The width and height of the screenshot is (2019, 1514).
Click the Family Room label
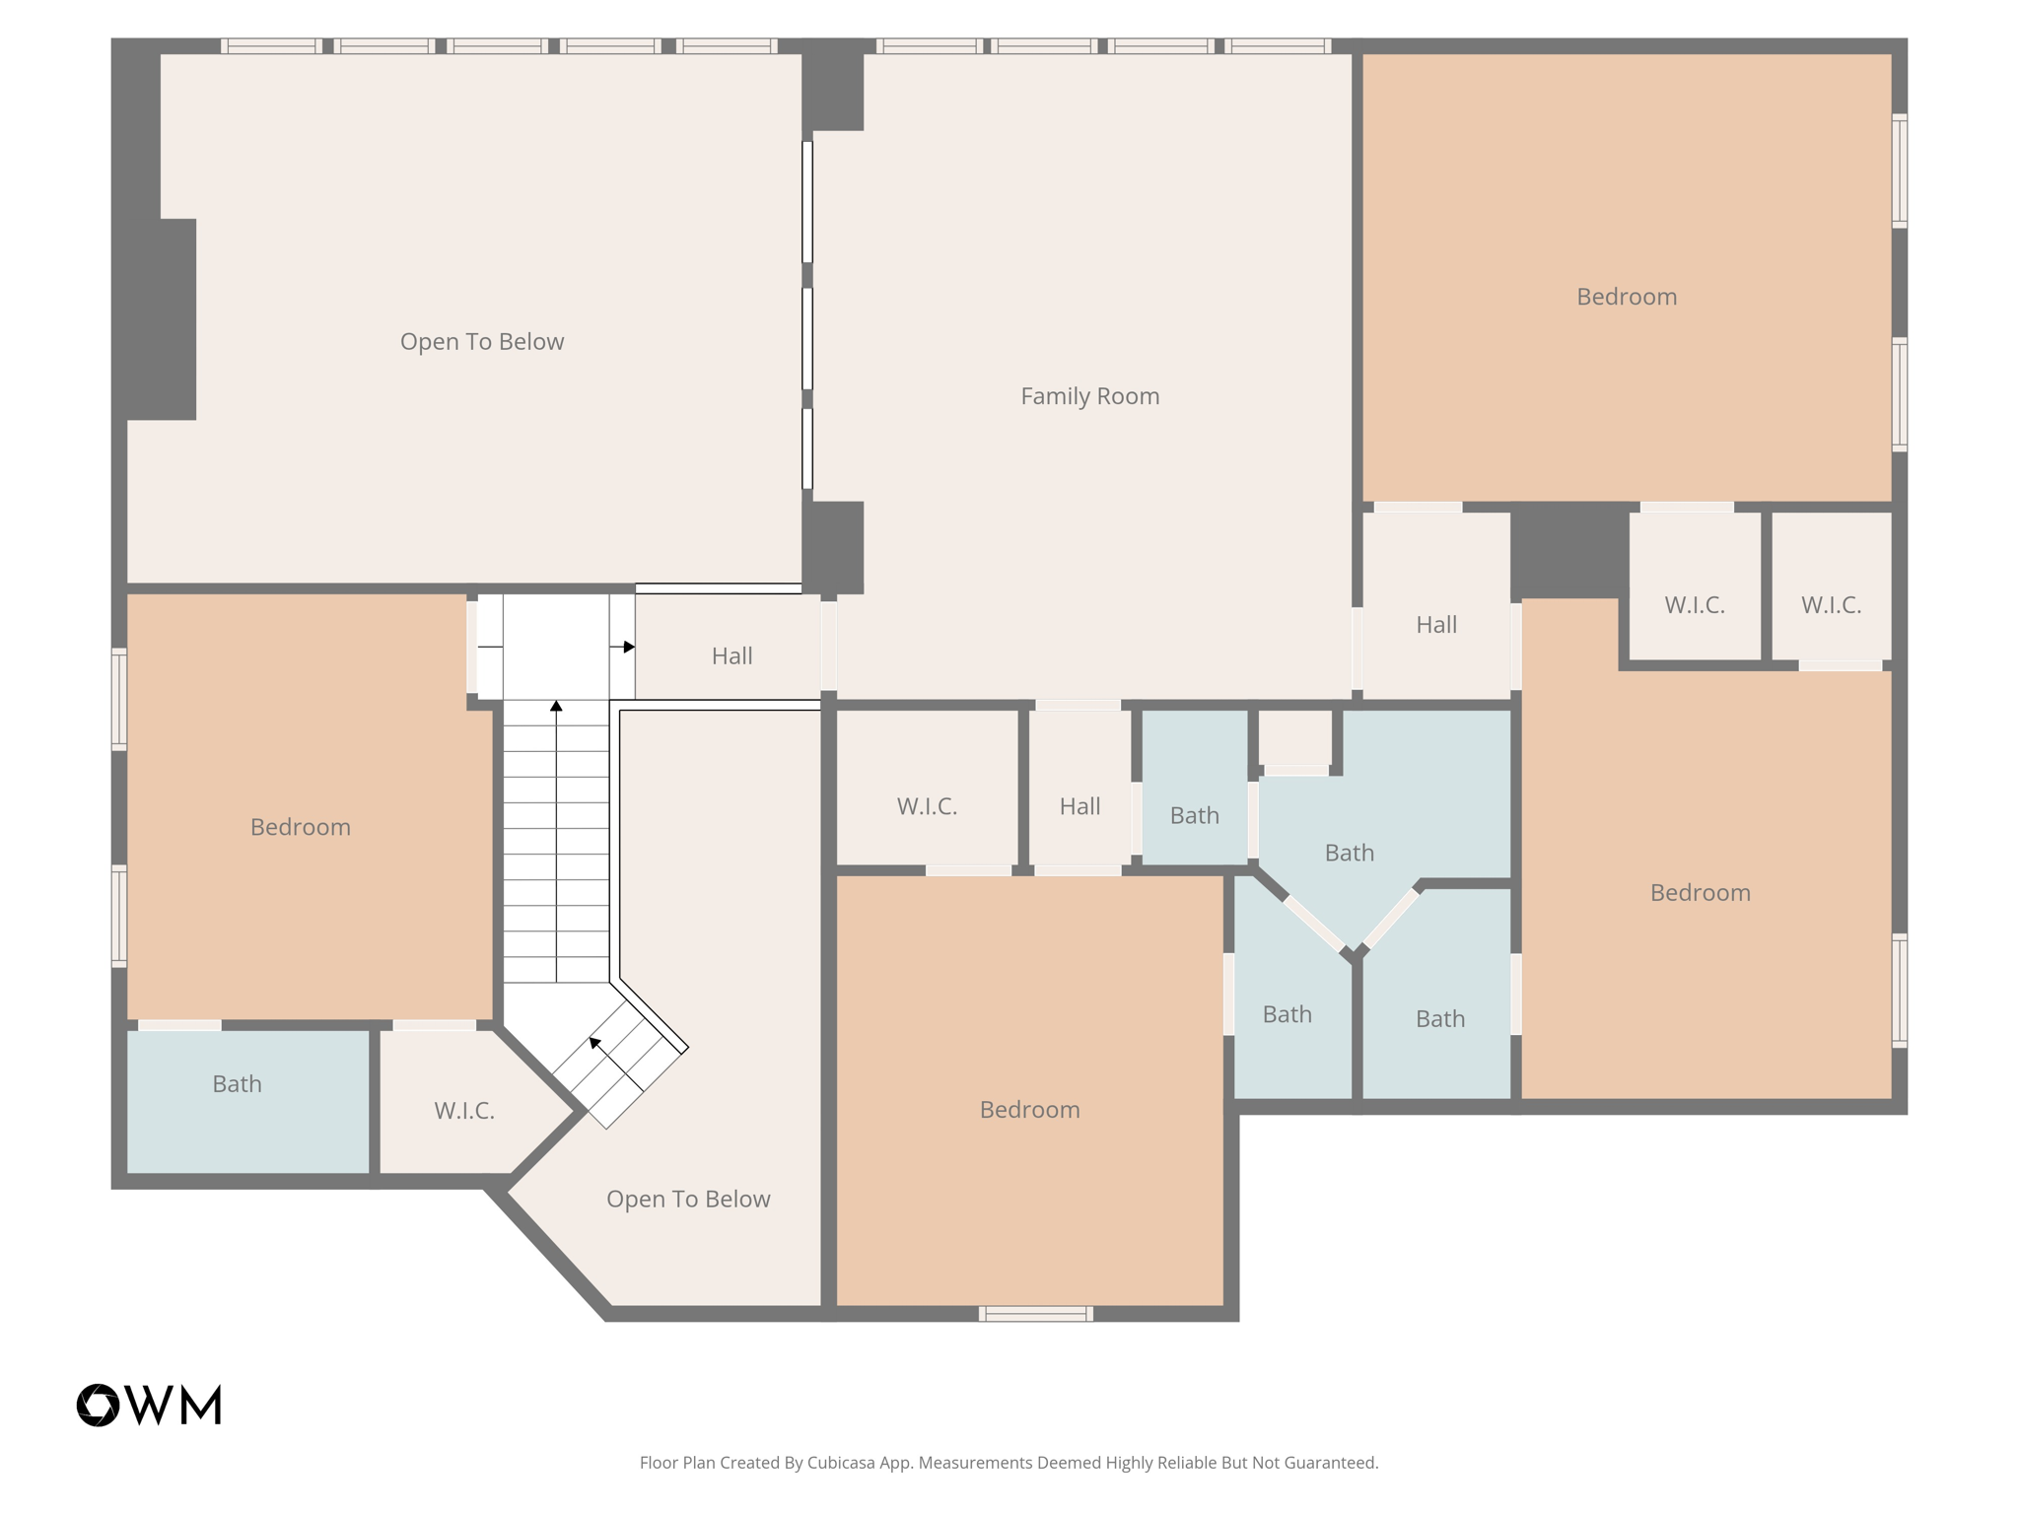(1089, 396)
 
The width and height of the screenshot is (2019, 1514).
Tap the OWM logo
(149, 1405)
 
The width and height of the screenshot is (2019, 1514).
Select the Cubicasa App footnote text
(1009, 1463)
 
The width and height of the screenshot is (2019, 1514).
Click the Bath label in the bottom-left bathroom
(237, 1084)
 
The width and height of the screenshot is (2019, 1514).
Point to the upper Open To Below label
(481, 342)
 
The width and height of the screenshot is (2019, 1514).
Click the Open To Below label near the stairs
(688, 1200)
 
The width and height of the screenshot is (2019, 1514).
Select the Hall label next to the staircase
(731, 656)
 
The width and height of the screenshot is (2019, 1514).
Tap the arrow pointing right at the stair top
(628, 648)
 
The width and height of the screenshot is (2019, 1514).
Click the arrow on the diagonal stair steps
(594, 1043)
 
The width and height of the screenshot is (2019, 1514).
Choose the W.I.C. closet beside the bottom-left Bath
(463, 1111)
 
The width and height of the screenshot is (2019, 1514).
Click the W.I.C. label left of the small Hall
(927, 806)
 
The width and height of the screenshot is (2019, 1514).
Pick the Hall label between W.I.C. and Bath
(1079, 806)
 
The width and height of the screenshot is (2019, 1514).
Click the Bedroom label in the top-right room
(1626, 297)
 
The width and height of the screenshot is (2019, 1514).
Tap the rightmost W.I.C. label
(1831, 605)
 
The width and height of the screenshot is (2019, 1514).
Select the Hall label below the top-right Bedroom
(1435, 625)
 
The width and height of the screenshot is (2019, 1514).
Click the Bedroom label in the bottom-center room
(1029, 1110)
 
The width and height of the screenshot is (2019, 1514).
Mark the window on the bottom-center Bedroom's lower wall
(1035, 1313)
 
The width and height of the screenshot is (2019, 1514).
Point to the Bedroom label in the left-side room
(300, 827)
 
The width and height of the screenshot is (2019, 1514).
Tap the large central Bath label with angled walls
(1349, 853)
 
